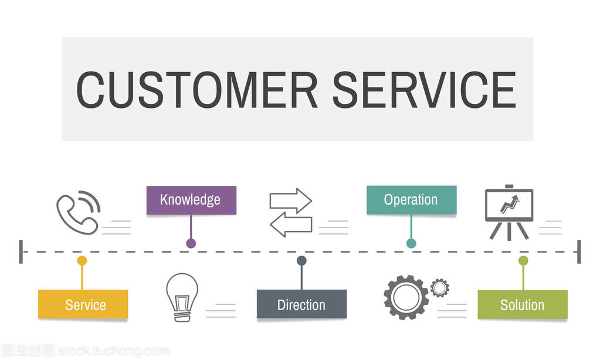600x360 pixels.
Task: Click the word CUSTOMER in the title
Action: (197, 90)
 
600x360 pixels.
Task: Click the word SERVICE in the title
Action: (424, 90)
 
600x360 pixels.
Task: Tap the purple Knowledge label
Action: (191, 200)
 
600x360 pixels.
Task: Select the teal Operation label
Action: (411, 200)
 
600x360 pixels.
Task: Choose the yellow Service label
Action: (83, 304)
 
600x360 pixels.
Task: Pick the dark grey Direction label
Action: (301, 304)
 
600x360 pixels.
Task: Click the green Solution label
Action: (522, 304)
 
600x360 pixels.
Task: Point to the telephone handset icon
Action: (77, 212)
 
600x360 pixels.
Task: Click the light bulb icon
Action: (182, 296)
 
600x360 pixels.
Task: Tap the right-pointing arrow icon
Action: (290, 201)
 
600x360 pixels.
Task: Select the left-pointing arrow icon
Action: (290, 225)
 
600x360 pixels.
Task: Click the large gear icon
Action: (406, 297)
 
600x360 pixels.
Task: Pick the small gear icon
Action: (439, 287)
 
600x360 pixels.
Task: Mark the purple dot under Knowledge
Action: (191, 243)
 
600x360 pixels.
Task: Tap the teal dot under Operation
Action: (411, 243)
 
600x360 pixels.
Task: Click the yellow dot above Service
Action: (82, 260)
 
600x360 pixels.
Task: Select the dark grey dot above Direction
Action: (301, 260)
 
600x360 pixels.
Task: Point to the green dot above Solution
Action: (523, 260)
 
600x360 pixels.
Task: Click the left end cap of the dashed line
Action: (21, 252)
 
